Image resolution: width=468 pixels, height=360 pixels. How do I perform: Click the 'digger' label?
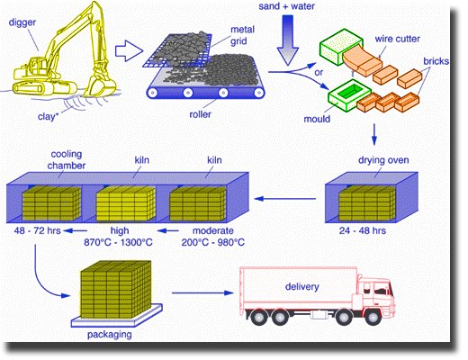(22, 22)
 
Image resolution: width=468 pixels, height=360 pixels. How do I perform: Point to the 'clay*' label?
(48, 116)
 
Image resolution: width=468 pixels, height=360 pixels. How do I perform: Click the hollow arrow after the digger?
(129, 51)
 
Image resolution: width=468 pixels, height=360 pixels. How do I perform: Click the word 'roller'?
(200, 114)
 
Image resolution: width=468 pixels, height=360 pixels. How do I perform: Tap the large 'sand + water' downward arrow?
(287, 40)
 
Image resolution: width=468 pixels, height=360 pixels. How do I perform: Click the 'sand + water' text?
(286, 6)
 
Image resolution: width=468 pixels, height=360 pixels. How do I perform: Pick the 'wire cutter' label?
(397, 39)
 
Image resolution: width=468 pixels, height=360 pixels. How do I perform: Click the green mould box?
(346, 95)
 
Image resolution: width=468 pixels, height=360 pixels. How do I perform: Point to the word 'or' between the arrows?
(319, 73)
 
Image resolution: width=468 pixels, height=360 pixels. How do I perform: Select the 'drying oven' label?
(383, 160)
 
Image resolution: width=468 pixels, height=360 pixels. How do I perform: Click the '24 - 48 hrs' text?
(363, 230)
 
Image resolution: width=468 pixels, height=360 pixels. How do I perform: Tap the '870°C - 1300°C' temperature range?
(118, 242)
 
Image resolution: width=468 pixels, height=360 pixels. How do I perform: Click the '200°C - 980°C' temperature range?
(213, 242)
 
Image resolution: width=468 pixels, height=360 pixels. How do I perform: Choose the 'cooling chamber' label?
(67, 160)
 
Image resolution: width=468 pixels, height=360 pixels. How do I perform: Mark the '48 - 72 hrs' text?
(37, 230)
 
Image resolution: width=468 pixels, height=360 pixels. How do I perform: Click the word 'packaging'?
(110, 335)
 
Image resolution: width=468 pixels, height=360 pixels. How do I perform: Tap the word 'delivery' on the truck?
(301, 286)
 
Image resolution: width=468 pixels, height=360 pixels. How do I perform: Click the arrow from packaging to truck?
(202, 292)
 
